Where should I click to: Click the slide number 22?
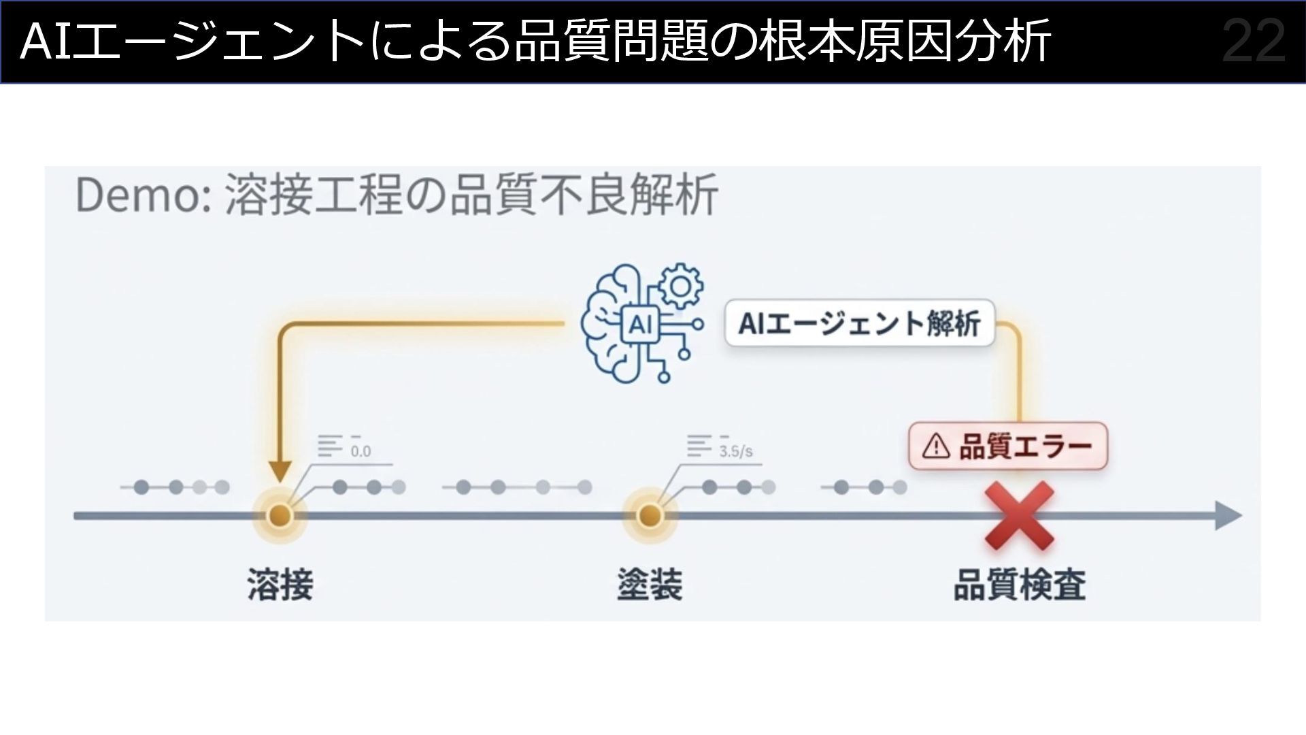tap(1254, 42)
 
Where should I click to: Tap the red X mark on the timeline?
tap(1019, 516)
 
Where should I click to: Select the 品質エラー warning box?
tap(1008, 446)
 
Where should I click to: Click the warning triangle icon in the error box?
tap(936, 446)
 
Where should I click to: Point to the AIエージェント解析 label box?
tap(859, 324)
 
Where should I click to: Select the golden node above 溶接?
tap(279, 516)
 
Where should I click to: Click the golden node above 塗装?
tap(649, 516)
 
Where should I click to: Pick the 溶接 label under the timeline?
tap(280, 584)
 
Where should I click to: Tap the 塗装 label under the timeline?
tap(649, 584)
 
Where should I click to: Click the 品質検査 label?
tap(1019, 584)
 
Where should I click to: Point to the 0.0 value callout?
tap(361, 451)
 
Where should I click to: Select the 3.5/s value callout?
tap(736, 451)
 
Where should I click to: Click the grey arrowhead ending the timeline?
tap(1228, 515)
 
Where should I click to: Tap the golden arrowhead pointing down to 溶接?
tap(280, 472)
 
